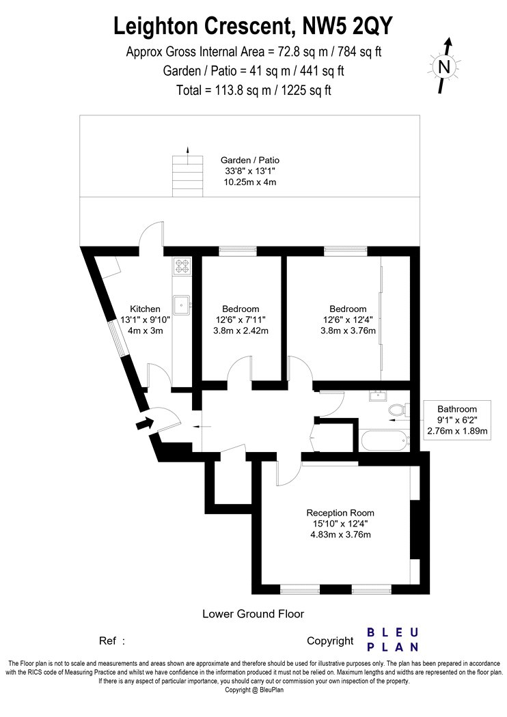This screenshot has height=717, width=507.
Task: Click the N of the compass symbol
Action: (444, 67)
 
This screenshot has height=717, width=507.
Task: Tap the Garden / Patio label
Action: (250, 160)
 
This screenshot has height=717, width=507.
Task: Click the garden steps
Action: (187, 176)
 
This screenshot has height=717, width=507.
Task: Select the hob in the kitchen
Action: (182, 266)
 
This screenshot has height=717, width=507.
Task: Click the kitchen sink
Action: (182, 305)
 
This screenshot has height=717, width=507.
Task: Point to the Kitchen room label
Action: (145, 309)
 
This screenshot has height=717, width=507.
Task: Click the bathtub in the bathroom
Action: (385, 440)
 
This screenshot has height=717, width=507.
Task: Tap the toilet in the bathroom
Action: (398, 408)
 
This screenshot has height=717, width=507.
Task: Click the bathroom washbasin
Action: (379, 396)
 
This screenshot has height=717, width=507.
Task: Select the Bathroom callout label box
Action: (457, 420)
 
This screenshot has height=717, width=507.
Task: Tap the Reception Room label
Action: (340, 513)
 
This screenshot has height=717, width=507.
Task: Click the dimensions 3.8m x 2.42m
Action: (241, 331)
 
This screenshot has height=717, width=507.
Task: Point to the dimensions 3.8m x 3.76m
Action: (348, 331)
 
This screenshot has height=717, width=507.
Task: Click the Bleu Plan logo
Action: (393, 639)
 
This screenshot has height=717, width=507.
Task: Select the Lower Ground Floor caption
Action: (253, 614)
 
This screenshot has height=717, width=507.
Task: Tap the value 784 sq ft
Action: (359, 52)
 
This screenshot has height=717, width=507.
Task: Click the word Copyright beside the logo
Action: (330, 641)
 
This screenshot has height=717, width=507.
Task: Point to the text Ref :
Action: (111, 641)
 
